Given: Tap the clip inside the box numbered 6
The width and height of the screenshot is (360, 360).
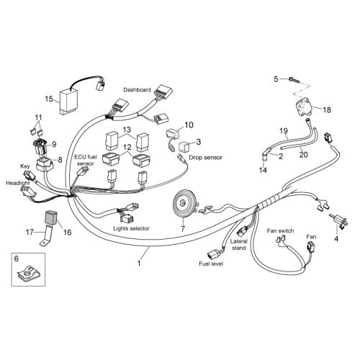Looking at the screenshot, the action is pyautogui.click(x=28, y=273).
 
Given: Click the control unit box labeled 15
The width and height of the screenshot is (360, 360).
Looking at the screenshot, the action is pyautogui.click(x=68, y=101).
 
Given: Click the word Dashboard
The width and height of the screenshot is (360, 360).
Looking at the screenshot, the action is pyautogui.click(x=137, y=90).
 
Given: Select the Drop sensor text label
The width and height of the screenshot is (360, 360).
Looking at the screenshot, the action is pyautogui.click(x=205, y=158).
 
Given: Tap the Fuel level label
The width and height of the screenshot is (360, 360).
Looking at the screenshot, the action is pyautogui.click(x=211, y=264).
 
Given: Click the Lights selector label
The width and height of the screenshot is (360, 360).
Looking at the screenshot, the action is pyautogui.click(x=131, y=228).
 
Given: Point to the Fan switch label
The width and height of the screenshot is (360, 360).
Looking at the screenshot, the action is pyautogui.click(x=280, y=231).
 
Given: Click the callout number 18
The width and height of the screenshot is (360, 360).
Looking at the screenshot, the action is pyautogui.click(x=327, y=109).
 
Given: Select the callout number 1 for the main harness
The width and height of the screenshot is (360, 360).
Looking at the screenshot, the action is pyautogui.click(x=139, y=264).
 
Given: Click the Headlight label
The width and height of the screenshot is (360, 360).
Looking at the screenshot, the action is pyautogui.click(x=18, y=183).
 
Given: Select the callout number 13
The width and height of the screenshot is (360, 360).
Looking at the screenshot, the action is pyautogui.click(x=127, y=130).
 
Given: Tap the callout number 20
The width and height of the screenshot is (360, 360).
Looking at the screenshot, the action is pyautogui.click(x=303, y=154).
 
